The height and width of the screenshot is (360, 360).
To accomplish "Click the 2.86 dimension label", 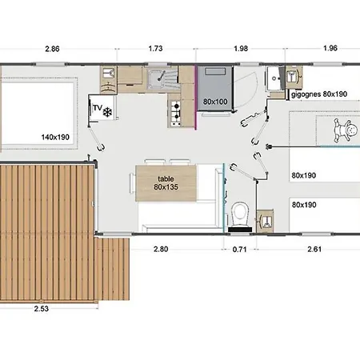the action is pyautogui.click(x=52, y=49).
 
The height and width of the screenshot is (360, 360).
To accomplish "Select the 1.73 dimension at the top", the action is pyautogui.click(x=155, y=49).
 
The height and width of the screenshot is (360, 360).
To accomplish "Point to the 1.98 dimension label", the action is pyautogui.click(x=241, y=49).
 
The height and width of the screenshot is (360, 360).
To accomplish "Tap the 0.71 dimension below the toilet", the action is pyautogui.click(x=239, y=250).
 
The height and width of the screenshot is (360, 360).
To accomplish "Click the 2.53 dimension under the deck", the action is pyautogui.click(x=42, y=309).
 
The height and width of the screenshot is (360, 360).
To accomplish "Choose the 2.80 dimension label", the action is pyautogui.click(x=161, y=249).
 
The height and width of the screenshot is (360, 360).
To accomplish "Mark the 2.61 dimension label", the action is pyautogui.click(x=314, y=249).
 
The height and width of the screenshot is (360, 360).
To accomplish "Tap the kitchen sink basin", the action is pyautogui.click(x=157, y=79).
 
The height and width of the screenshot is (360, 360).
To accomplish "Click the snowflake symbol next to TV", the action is pyautogui.click(x=107, y=112).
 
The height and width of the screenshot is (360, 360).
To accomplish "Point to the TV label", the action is pyautogui.click(x=98, y=108).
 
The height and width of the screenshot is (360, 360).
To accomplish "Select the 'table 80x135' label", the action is pyautogui.click(x=166, y=183).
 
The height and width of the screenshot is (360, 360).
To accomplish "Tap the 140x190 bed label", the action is pyautogui.click(x=55, y=137).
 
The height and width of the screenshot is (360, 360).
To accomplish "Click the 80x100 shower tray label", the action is pyautogui.click(x=215, y=102).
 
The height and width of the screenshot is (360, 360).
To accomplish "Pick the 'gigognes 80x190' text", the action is pyautogui.click(x=319, y=94).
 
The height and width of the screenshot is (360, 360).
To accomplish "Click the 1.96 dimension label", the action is pyautogui.click(x=330, y=48).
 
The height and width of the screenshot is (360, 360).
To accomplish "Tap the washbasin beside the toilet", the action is pyautogui.click(x=265, y=221).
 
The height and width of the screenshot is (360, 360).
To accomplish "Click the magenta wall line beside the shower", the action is pyautogui.click(x=196, y=98).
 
